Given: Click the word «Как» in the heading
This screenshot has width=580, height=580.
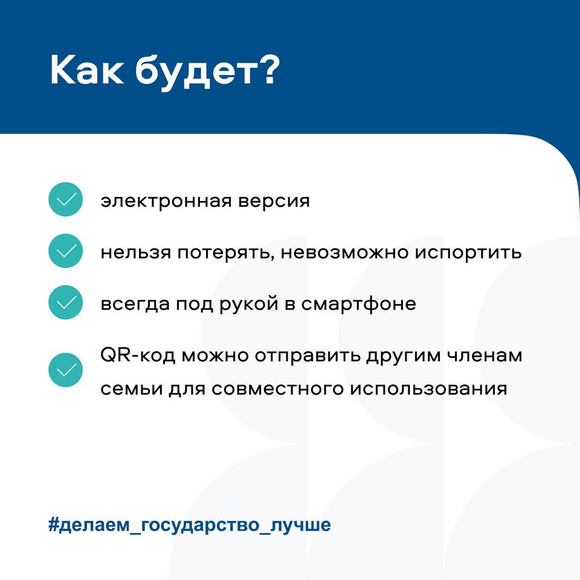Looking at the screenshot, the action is click(x=87, y=70).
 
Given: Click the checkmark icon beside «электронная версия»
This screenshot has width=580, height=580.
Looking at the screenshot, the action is click(x=65, y=199).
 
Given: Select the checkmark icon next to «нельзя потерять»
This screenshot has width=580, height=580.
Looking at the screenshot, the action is click(x=65, y=251).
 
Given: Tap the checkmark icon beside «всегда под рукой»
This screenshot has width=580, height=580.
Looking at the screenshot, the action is click(x=65, y=302).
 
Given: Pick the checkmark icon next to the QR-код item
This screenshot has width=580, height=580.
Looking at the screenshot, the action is click(x=65, y=370).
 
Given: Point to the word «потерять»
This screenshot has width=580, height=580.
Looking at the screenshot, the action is click(x=226, y=253).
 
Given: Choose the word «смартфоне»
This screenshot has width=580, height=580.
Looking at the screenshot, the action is click(x=358, y=304).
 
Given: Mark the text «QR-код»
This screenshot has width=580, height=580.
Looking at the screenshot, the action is click(x=138, y=356).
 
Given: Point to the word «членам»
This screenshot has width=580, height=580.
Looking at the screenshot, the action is click(x=485, y=355).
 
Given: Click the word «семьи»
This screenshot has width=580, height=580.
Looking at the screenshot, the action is click(x=132, y=388).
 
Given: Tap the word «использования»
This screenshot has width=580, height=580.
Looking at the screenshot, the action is click(x=428, y=388).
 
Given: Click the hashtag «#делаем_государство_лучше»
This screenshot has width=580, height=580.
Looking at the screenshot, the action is click(x=189, y=525).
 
